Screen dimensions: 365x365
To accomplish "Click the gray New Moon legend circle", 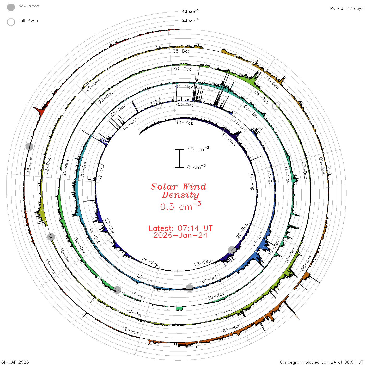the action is [x=11, y=7].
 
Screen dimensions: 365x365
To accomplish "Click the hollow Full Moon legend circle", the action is [x=11, y=22].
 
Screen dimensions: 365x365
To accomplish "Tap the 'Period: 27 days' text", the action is [x=346, y=9].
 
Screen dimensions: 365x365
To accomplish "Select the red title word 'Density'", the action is [x=180, y=195].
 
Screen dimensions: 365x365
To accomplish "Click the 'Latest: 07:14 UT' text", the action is [x=180, y=228].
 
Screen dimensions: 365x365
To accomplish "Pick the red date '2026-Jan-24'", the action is [x=180, y=235].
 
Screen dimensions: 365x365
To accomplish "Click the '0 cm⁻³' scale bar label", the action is [x=196, y=167].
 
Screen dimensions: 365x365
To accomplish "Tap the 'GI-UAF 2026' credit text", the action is [x=15, y=362].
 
